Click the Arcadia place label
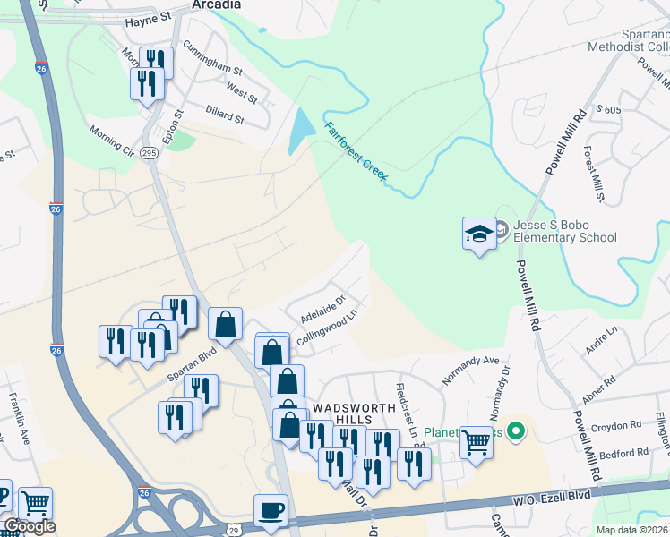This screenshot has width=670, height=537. click(x=216, y=5)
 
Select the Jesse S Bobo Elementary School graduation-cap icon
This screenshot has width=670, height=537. click(x=479, y=234)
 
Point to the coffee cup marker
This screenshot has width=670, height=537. click(x=271, y=511)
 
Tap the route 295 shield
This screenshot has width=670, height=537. click(x=149, y=154)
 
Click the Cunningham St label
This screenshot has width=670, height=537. click(x=212, y=55)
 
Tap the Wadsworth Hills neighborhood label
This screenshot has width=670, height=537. click(x=340, y=413)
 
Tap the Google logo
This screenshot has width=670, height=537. click(x=30, y=526)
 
